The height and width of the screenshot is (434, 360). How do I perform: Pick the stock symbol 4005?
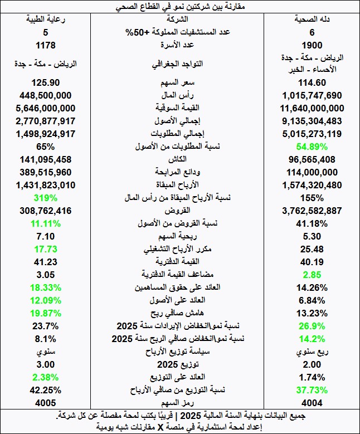pos(45,402)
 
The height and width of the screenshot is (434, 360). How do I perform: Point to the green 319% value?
pos(45,198)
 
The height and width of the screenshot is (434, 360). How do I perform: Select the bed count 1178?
pos(45,45)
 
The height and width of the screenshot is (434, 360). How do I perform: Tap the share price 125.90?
pos(45,82)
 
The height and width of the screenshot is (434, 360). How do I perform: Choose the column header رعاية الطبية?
pos(45,19)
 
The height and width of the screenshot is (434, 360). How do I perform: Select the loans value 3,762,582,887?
pos(312,211)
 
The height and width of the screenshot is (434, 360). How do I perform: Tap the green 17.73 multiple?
pos(45,249)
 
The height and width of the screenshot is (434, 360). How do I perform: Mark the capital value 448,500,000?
pos(45,95)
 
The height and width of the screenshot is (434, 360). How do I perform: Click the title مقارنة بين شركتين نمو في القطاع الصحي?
pos(180,7)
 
